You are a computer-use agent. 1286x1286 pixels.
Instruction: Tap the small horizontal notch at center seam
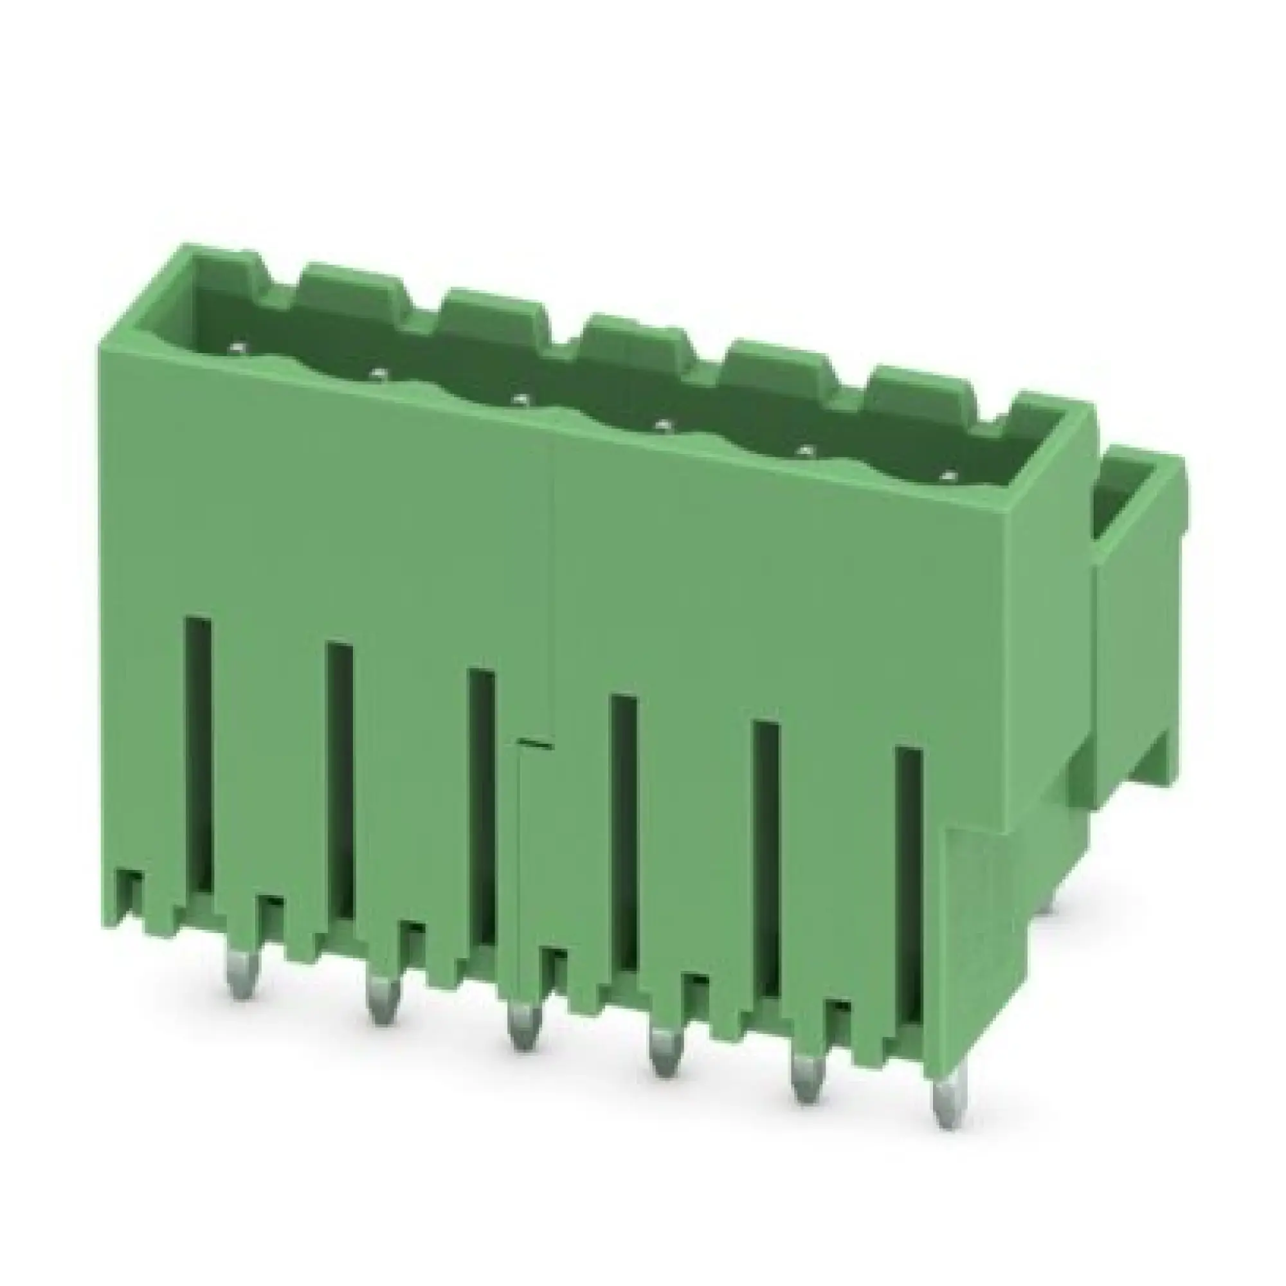point(536,743)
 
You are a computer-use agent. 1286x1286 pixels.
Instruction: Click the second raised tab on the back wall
point(353,283)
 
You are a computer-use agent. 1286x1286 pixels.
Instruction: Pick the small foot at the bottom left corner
point(130,899)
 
